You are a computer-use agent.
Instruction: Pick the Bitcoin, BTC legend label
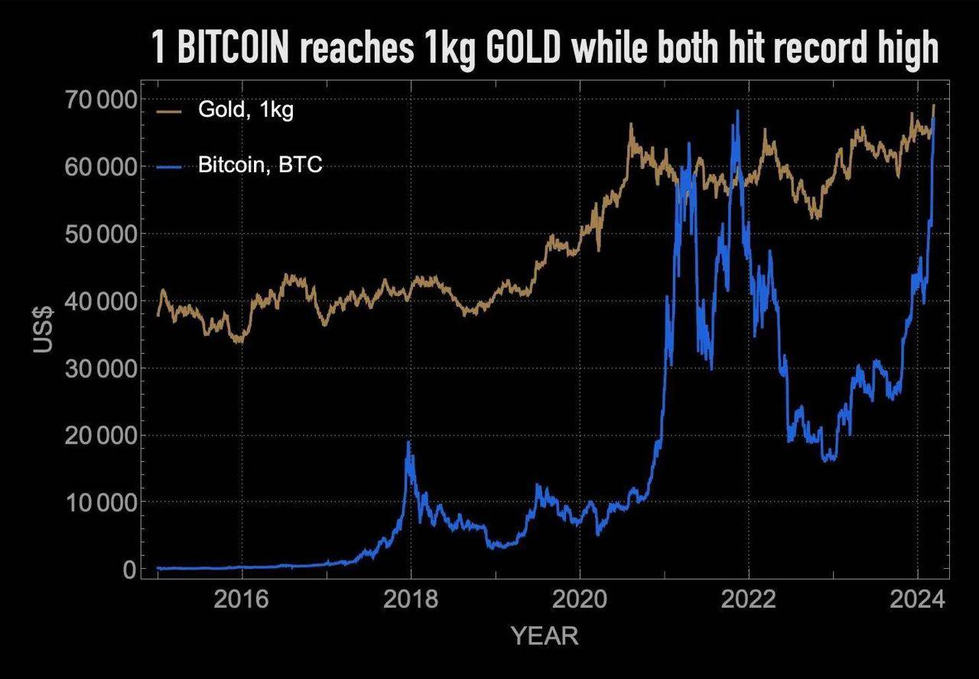[x=260, y=164]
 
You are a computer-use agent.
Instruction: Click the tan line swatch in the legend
[x=169, y=111]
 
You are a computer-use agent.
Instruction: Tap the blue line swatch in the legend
[x=169, y=165]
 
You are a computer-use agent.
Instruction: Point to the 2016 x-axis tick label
[x=242, y=600]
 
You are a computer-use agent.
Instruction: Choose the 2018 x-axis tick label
[x=411, y=600]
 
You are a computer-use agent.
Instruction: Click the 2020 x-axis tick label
[x=580, y=600]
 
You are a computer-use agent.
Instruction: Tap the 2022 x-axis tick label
[x=748, y=600]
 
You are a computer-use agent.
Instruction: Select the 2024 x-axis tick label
[x=917, y=600]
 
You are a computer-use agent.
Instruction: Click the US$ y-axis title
[x=44, y=329]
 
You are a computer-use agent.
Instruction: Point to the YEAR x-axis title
[x=544, y=635]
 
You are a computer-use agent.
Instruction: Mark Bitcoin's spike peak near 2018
[x=408, y=443]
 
